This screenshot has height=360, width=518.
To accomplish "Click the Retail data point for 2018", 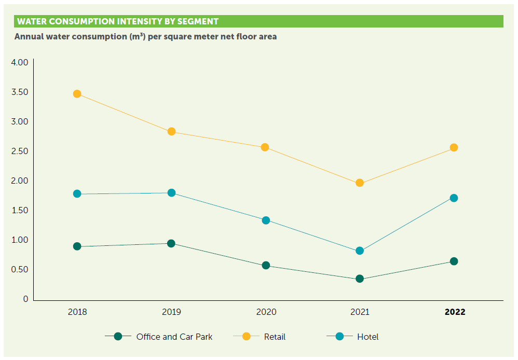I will [x=77, y=94].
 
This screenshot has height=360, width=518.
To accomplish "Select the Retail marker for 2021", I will [x=360, y=183].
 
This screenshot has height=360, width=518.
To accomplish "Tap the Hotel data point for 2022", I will [x=454, y=198].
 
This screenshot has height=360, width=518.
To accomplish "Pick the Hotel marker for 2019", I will [x=171, y=193].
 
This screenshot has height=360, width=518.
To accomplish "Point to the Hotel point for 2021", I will [x=360, y=251].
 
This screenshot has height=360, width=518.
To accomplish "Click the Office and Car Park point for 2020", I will [x=266, y=266].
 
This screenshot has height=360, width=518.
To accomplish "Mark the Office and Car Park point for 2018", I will [x=77, y=246].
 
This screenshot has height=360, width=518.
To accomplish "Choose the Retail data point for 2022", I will [x=454, y=147].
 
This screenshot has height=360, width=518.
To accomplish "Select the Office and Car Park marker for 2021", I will [x=360, y=279].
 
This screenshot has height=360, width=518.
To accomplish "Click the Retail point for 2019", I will [x=171, y=132].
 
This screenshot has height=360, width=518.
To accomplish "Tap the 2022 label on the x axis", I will [x=455, y=312].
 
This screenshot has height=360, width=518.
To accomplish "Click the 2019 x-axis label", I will [x=171, y=312].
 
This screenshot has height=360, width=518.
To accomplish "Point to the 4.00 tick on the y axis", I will [x=19, y=62].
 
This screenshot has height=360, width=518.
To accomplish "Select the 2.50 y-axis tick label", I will [x=19, y=151].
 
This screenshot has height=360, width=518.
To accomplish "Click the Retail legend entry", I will [x=275, y=337].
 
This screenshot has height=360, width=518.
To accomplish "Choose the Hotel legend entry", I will [x=367, y=337].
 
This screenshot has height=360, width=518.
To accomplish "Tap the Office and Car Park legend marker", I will [x=118, y=336].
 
